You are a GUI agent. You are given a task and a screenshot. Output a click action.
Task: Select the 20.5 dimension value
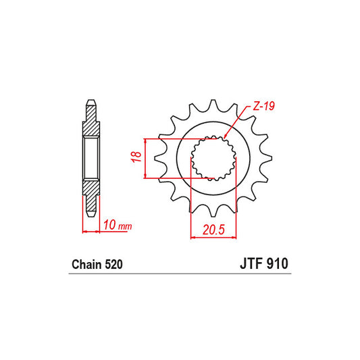pos(213,229)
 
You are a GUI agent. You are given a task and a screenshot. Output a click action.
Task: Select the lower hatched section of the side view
pos(91,190)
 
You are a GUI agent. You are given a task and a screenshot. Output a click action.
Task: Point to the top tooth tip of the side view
pos(91,103)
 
